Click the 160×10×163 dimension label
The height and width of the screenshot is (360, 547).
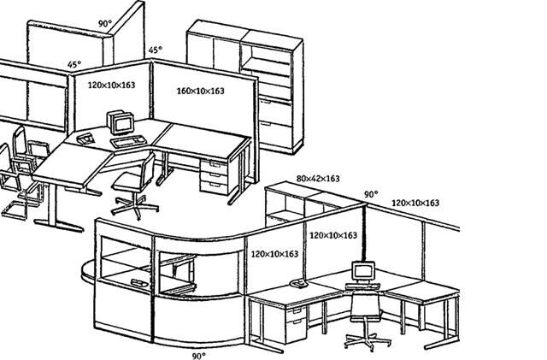[200, 91]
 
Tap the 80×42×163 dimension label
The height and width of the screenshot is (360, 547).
[318, 179]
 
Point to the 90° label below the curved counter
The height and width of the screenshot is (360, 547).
[198, 354]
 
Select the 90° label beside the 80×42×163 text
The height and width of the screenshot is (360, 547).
[371, 195]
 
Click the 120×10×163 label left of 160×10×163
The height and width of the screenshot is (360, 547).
[112, 86]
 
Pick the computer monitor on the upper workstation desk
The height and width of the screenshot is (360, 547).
[121, 123]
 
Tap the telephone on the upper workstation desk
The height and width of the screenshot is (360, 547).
[86, 137]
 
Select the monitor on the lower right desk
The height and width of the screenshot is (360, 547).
[363, 273]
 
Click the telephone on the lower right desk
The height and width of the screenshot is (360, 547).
[298, 283]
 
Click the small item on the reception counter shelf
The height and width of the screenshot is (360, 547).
[137, 281]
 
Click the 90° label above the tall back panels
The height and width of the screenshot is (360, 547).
[104, 23]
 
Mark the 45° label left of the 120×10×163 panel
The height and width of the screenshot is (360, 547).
[75, 64]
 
